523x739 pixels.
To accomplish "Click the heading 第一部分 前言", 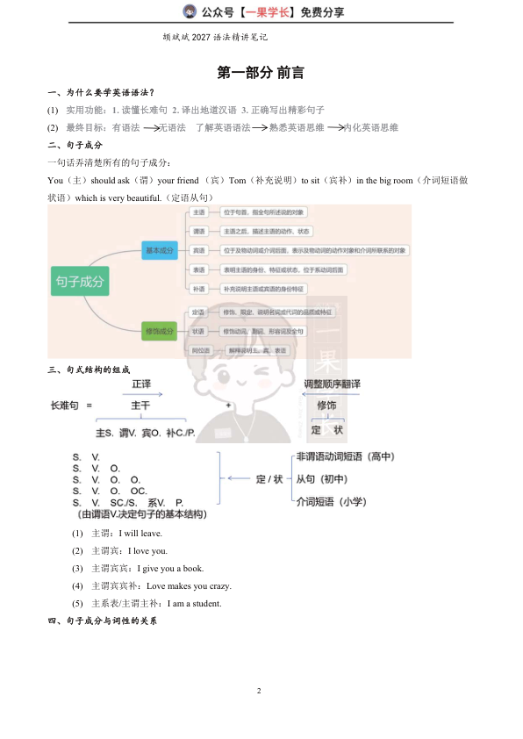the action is (261, 73).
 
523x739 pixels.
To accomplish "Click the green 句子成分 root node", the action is (80, 282).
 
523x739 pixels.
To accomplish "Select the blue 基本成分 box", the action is (160, 251).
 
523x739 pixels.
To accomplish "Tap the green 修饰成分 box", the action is (160, 331).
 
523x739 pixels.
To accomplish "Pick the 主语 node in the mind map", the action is (198, 213).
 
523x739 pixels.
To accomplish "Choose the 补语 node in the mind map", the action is (198, 289).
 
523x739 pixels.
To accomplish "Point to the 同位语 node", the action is (202, 350).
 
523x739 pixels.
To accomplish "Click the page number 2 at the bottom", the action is (260, 692).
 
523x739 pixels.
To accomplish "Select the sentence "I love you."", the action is (147, 550).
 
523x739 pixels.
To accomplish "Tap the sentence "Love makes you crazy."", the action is (189, 585).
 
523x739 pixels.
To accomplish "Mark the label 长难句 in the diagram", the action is (65, 405).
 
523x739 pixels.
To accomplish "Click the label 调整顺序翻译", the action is (332, 384).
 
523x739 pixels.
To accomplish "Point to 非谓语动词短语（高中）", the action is (345, 456).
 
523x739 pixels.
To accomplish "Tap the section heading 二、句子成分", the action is (75, 145).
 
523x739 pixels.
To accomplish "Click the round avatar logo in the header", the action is (189, 11).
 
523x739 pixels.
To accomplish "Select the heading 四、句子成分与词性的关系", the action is (102, 621).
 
